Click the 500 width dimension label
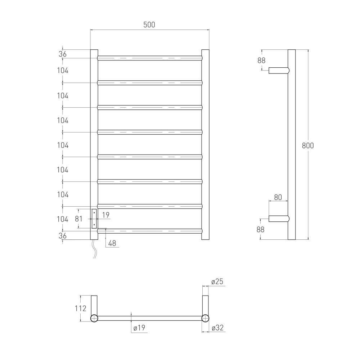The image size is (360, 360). point(149,24)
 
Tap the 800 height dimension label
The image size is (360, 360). point(308,145)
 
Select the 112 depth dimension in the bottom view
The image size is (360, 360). point(80,309)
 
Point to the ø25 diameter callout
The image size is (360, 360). point(217,282)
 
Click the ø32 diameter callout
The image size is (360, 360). point(217,328)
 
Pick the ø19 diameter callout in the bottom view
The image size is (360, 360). point(139,328)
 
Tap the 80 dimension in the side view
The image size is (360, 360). point(278,197)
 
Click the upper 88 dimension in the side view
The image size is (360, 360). point(261,60)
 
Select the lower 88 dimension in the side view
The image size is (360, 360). point(260,229)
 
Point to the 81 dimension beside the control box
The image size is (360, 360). point(78,219)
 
